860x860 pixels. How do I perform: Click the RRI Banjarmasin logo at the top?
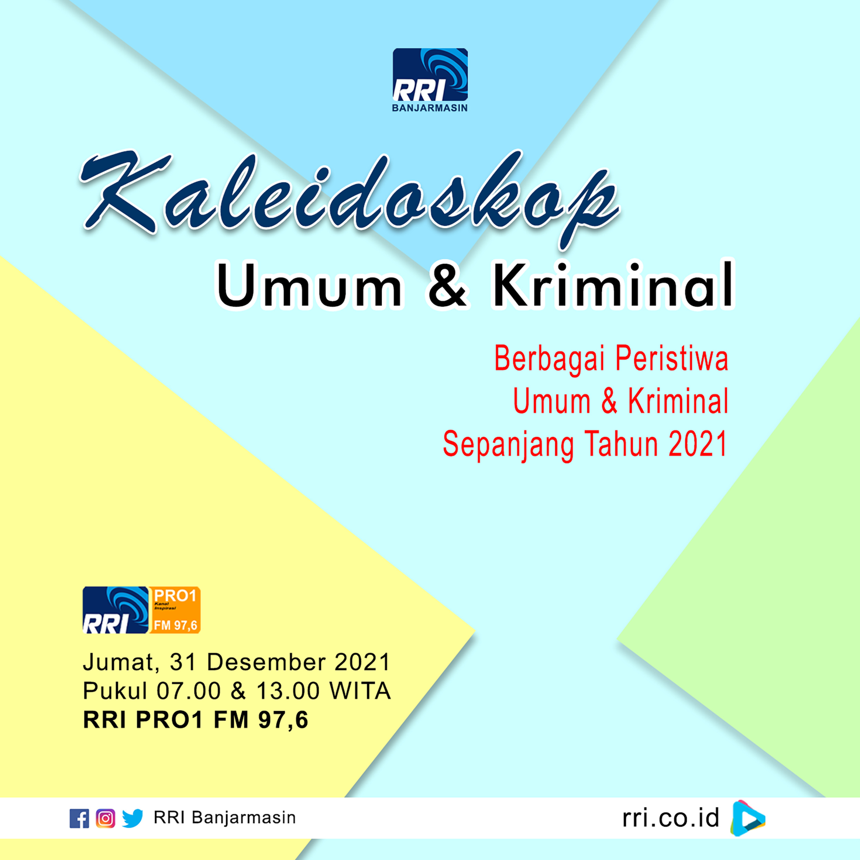point(430,80)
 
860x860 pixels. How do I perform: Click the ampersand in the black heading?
point(447,285)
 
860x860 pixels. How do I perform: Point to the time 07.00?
point(189,691)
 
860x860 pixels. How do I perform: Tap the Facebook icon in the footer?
point(79,818)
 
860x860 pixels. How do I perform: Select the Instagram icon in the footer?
point(105,818)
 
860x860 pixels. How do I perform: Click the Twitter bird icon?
point(132,818)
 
